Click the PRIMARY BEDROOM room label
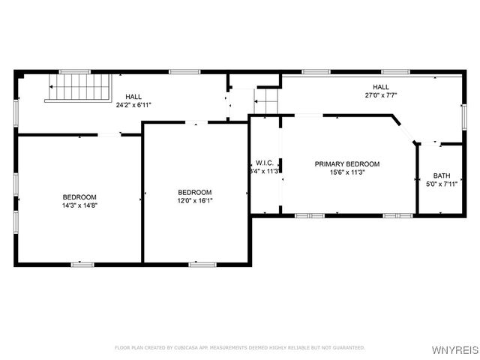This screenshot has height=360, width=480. (346, 163)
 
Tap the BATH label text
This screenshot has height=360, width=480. (441, 175)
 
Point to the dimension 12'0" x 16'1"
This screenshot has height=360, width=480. (194, 200)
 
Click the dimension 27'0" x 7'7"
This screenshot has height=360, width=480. (380, 95)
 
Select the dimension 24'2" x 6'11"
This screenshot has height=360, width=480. (133, 105)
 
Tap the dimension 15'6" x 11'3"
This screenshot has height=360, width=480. (346, 172)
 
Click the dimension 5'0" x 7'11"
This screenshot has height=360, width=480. (441, 184)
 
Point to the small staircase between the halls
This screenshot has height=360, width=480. (266, 102)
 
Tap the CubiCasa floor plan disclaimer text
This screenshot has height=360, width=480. (239, 347)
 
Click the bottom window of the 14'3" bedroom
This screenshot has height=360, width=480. (82, 263)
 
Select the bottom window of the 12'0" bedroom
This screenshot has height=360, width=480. (202, 263)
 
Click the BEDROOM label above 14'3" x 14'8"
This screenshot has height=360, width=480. (79, 196)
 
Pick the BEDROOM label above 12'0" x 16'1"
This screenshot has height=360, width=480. (194, 192)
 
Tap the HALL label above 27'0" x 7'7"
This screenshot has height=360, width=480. (380, 87)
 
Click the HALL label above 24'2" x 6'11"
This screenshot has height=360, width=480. (133, 97)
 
